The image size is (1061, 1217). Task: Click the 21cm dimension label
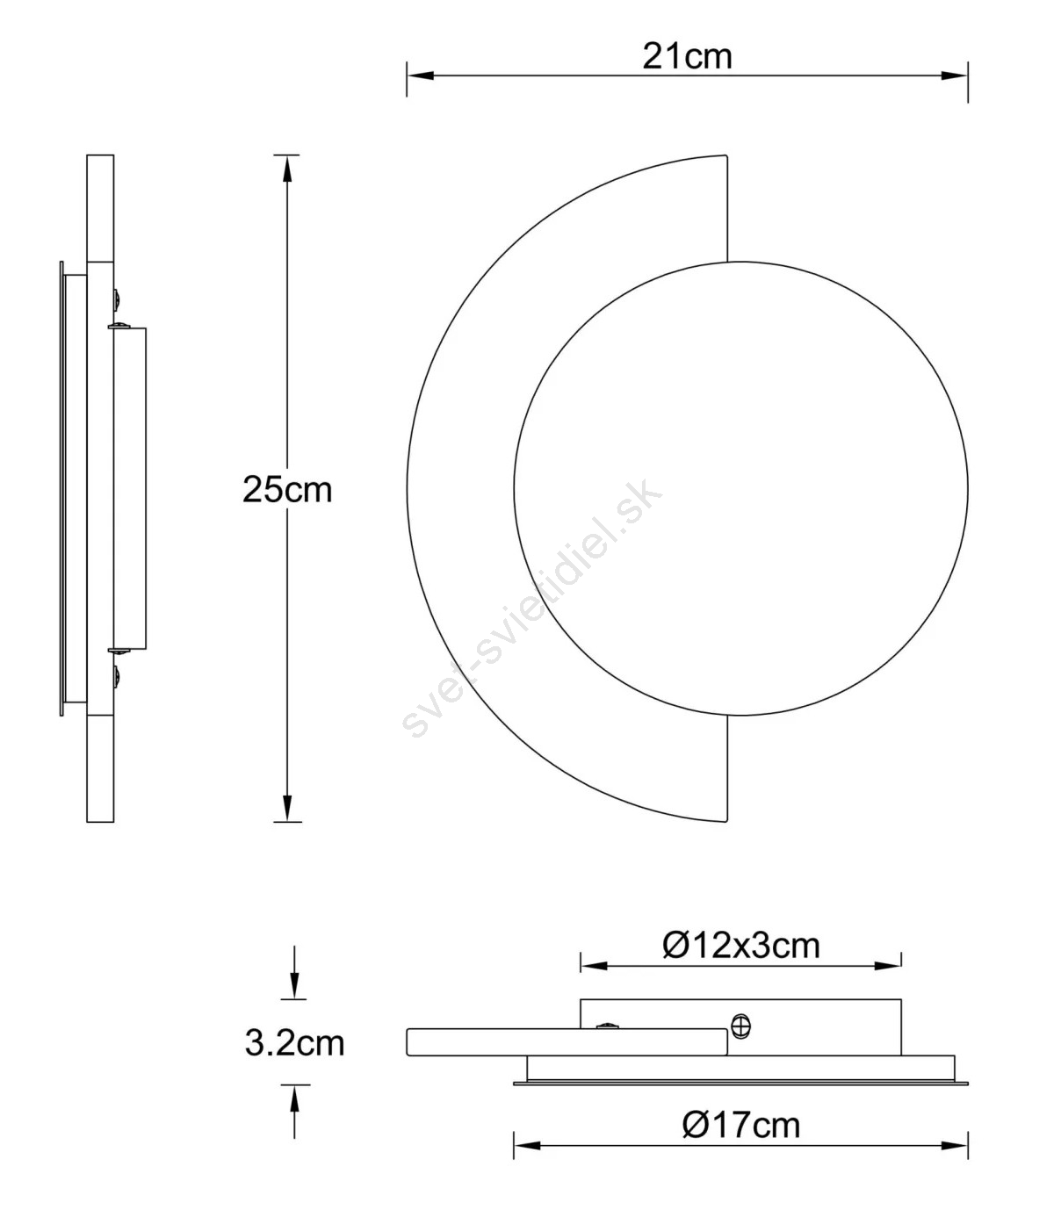pyautogui.click(x=687, y=57)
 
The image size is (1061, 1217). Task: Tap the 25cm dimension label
pyautogui.click(x=287, y=490)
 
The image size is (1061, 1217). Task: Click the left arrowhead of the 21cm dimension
pyautogui.click(x=420, y=76)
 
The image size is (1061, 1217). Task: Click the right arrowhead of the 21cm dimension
pyautogui.click(x=954, y=76)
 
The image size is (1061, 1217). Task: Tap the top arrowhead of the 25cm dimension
pyautogui.click(x=287, y=169)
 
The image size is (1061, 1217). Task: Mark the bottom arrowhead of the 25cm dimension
pyautogui.click(x=287, y=809)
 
